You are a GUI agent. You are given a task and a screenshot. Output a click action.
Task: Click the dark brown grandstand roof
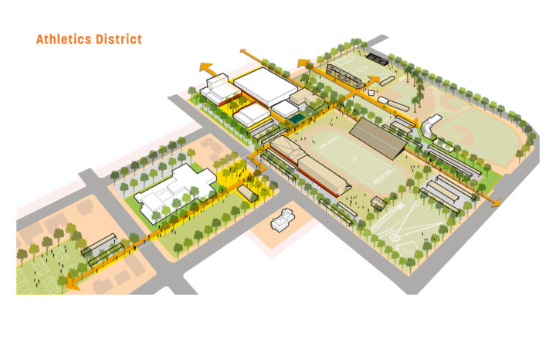[x=378, y=134]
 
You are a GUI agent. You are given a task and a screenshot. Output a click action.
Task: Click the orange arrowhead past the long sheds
[x=494, y=202]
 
